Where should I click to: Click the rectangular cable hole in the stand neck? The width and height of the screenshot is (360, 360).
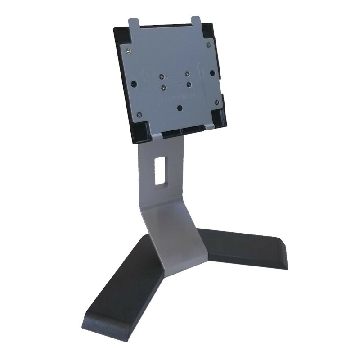160,170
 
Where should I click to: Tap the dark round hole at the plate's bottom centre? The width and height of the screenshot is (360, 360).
180,108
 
